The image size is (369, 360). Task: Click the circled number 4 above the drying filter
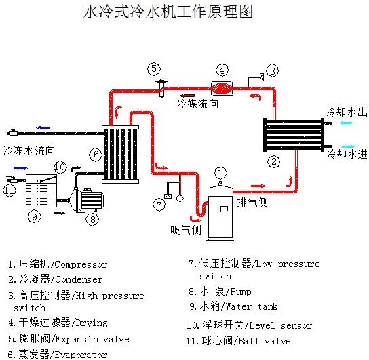(x=222, y=70)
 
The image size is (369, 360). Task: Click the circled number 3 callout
(x=272, y=71)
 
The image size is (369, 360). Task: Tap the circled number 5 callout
(x=154, y=68)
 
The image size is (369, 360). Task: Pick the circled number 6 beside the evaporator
(x=96, y=155)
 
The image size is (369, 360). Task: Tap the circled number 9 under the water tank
(x=35, y=217)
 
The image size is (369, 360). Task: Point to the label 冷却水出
(x=347, y=111)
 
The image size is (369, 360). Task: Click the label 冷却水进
(x=347, y=155)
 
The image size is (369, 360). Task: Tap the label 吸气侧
(x=185, y=231)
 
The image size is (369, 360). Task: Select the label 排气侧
(x=252, y=202)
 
